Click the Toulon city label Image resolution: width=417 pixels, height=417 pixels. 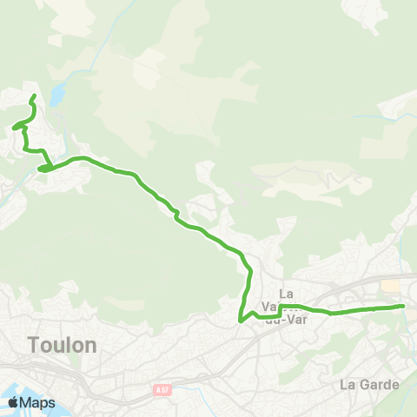click(x=62, y=344)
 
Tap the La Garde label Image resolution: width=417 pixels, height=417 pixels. click(x=369, y=384)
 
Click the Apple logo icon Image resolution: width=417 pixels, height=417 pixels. click(x=13, y=403)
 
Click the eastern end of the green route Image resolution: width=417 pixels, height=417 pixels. click(x=404, y=306)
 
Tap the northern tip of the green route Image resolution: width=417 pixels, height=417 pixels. click(x=34, y=96)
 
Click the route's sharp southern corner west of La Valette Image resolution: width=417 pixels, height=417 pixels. click(x=240, y=321)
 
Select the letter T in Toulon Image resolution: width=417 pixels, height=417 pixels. click(x=35, y=344)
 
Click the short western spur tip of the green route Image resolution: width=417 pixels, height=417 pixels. click(x=13, y=129)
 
